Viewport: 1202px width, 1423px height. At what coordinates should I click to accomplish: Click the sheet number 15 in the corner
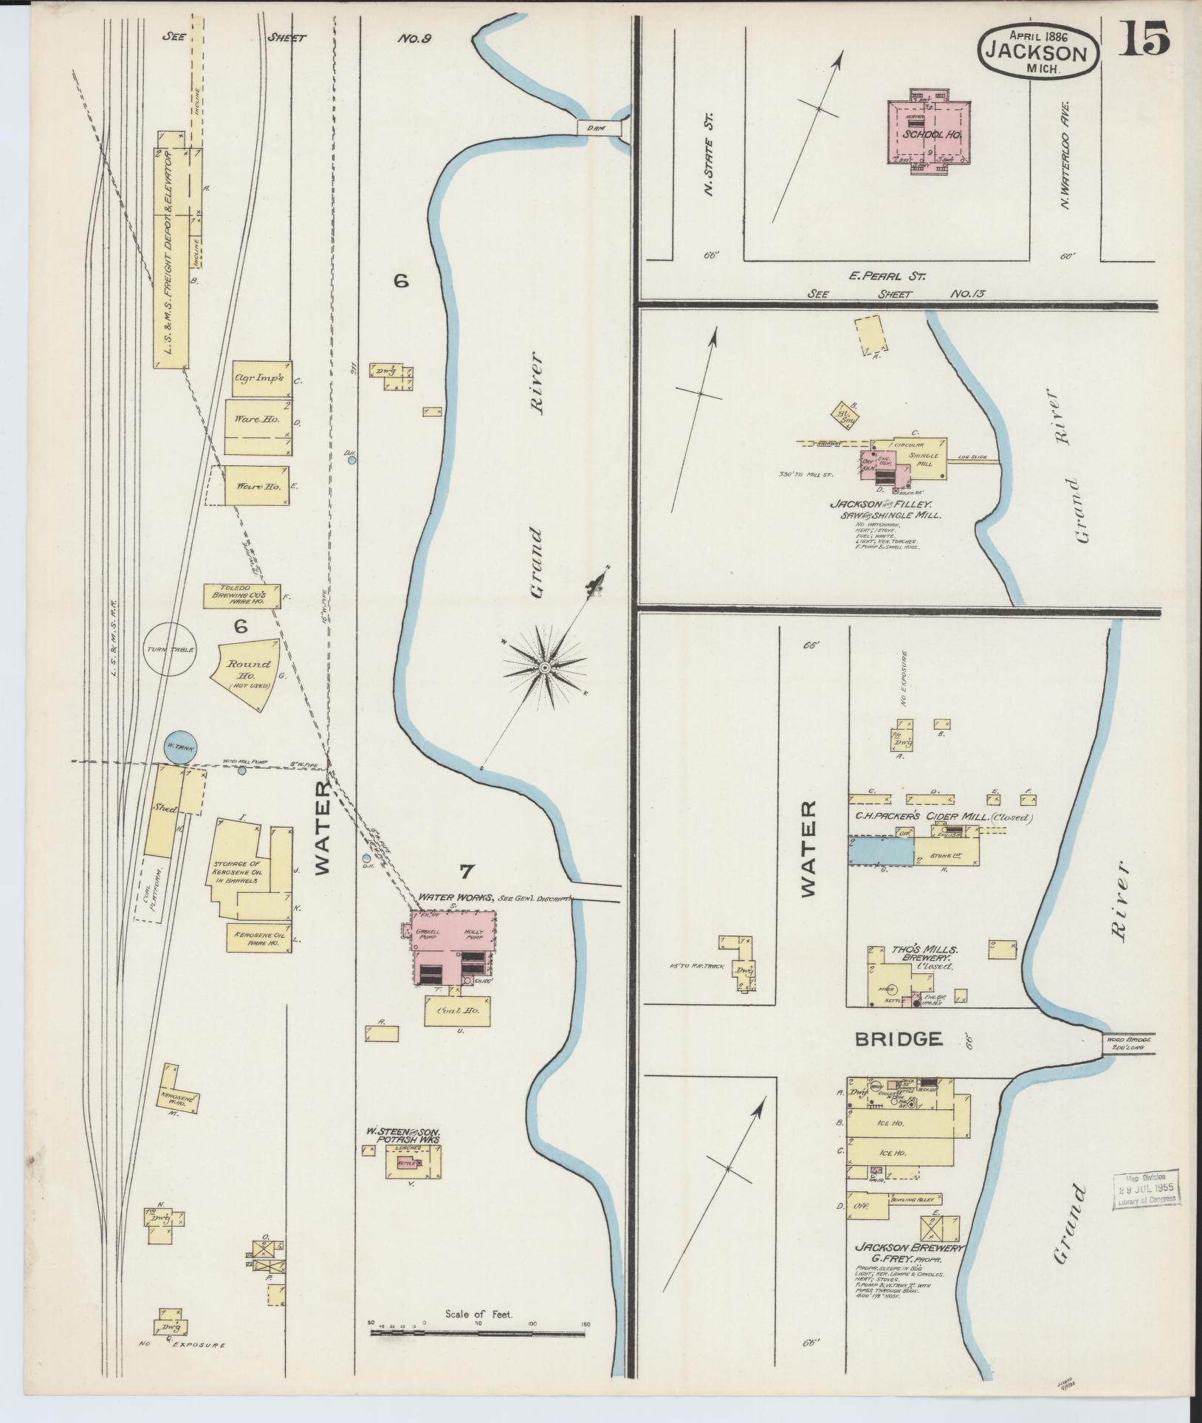tap(1145, 38)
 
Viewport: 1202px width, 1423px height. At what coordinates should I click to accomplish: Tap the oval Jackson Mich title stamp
tap(1038, 49)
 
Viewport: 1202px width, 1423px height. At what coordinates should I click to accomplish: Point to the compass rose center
tap(544, 668)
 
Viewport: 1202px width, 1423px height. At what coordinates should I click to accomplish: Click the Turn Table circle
tap(170, 649)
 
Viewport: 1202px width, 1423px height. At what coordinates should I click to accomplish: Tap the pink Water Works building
tap(453, 947)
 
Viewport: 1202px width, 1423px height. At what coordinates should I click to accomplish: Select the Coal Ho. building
tap(458, 1011)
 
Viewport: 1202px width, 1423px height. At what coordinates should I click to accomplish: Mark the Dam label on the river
tap(597, 127)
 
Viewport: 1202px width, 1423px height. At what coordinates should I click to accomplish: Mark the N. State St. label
tap(710, 153)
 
